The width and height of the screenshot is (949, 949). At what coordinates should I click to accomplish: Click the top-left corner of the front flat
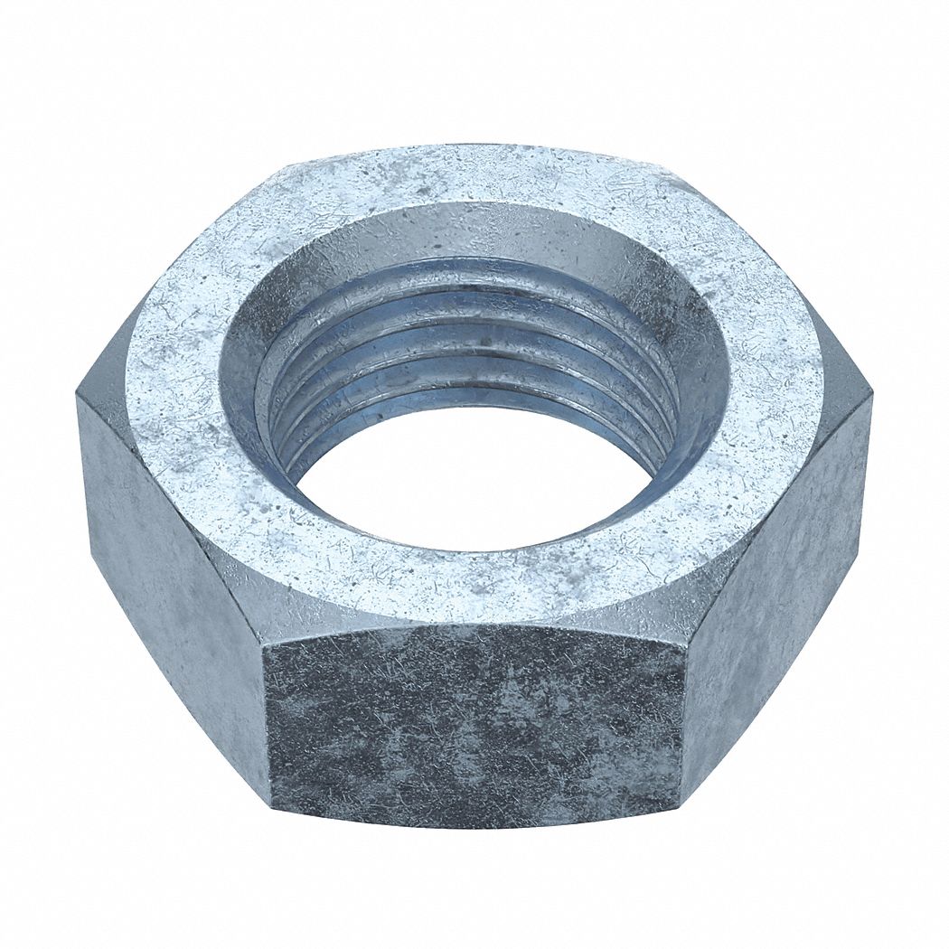[262, 644]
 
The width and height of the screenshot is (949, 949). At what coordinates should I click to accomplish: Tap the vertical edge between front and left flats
[268, 723]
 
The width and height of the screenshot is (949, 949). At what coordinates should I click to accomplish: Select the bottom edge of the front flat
[474, 824]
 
